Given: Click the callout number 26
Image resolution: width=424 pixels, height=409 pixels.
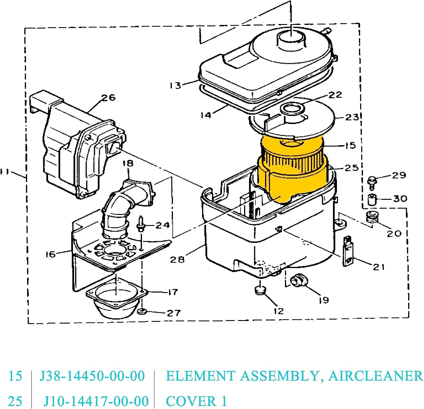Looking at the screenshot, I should click(109, 98).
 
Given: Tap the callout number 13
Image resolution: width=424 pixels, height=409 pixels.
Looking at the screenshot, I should click(175, 85).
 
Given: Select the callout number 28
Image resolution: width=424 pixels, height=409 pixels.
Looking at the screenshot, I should click(177, 259).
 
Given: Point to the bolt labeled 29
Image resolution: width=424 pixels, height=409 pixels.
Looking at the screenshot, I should click(372, 182).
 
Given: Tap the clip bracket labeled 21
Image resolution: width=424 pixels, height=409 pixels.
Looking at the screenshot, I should click(348, 251).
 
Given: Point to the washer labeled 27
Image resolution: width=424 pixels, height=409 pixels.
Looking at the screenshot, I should click(142, 312).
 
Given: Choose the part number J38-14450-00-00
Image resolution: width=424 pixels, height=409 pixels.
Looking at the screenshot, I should click(92, 376).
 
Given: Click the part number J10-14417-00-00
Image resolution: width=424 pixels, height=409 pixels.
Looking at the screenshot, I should click(96, 401).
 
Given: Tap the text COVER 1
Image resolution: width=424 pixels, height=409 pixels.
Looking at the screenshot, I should click(196, 401).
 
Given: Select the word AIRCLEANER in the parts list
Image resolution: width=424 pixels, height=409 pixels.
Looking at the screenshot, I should click(376, 376).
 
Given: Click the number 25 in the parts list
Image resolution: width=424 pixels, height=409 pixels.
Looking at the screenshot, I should click(15, 401).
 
